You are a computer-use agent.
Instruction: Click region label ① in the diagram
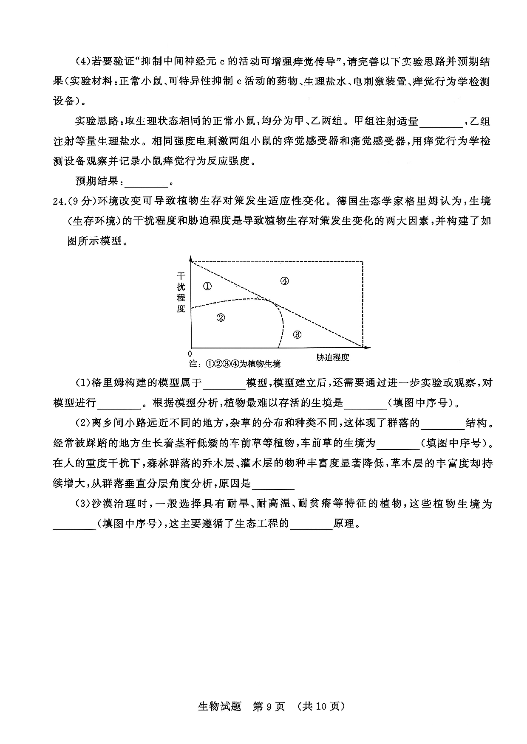[207, 286]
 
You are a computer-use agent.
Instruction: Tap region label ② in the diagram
[221, 317]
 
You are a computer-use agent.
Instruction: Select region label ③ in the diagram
[297, 335]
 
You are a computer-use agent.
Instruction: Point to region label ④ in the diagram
[285, 281]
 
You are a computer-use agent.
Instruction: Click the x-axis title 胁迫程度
[332, 357]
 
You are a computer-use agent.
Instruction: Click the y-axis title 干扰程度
[181, 292]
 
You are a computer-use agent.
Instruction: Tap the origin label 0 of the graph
[190, 354]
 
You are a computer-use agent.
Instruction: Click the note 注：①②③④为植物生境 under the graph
[235, 364]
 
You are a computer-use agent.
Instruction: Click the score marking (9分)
[82, 201]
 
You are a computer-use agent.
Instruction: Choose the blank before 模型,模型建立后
[225, 383]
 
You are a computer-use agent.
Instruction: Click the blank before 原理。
[311, 524]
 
